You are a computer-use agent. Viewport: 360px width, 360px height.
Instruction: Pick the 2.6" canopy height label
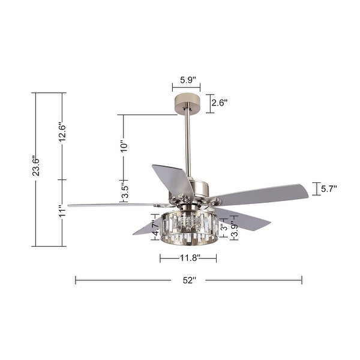pyautogui.click(x=220, y=103)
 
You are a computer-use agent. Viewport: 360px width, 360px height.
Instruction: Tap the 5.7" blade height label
pyautogui.click(x=328, y=189)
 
